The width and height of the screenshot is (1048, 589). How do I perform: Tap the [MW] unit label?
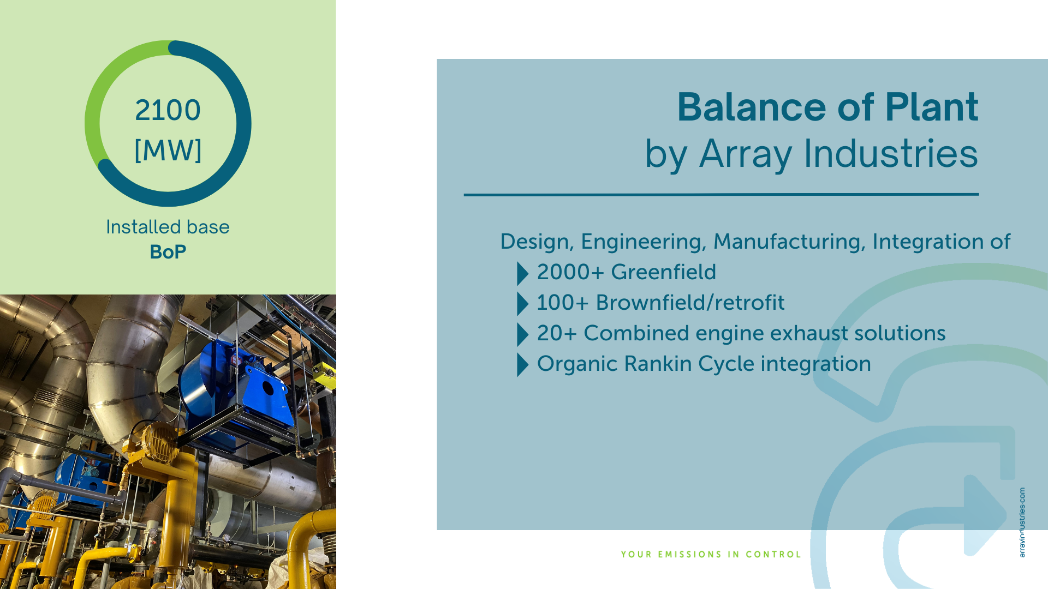pos(168,150)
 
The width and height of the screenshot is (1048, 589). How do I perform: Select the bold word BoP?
pos(168,252)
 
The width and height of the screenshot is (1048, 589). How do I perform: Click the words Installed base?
pos(168,227)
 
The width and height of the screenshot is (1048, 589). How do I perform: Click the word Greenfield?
pos(663,272)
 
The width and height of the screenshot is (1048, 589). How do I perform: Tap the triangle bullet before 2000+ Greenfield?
pos(522,274)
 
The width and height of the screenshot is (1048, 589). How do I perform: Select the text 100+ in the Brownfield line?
pos(563,303)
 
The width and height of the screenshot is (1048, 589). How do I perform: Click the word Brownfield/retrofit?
pos(690,303)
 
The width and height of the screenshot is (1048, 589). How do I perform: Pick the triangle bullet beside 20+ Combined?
pos(522,335)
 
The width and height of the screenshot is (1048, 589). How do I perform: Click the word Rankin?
pos(658,364)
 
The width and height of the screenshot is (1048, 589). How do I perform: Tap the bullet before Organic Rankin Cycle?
pos(522,365)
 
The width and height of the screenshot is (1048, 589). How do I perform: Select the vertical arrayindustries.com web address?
pos(1022,522)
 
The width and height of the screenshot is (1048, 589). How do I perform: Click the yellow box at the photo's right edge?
pos(325,375)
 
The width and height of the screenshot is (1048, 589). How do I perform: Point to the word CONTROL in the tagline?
pos(773,555)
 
